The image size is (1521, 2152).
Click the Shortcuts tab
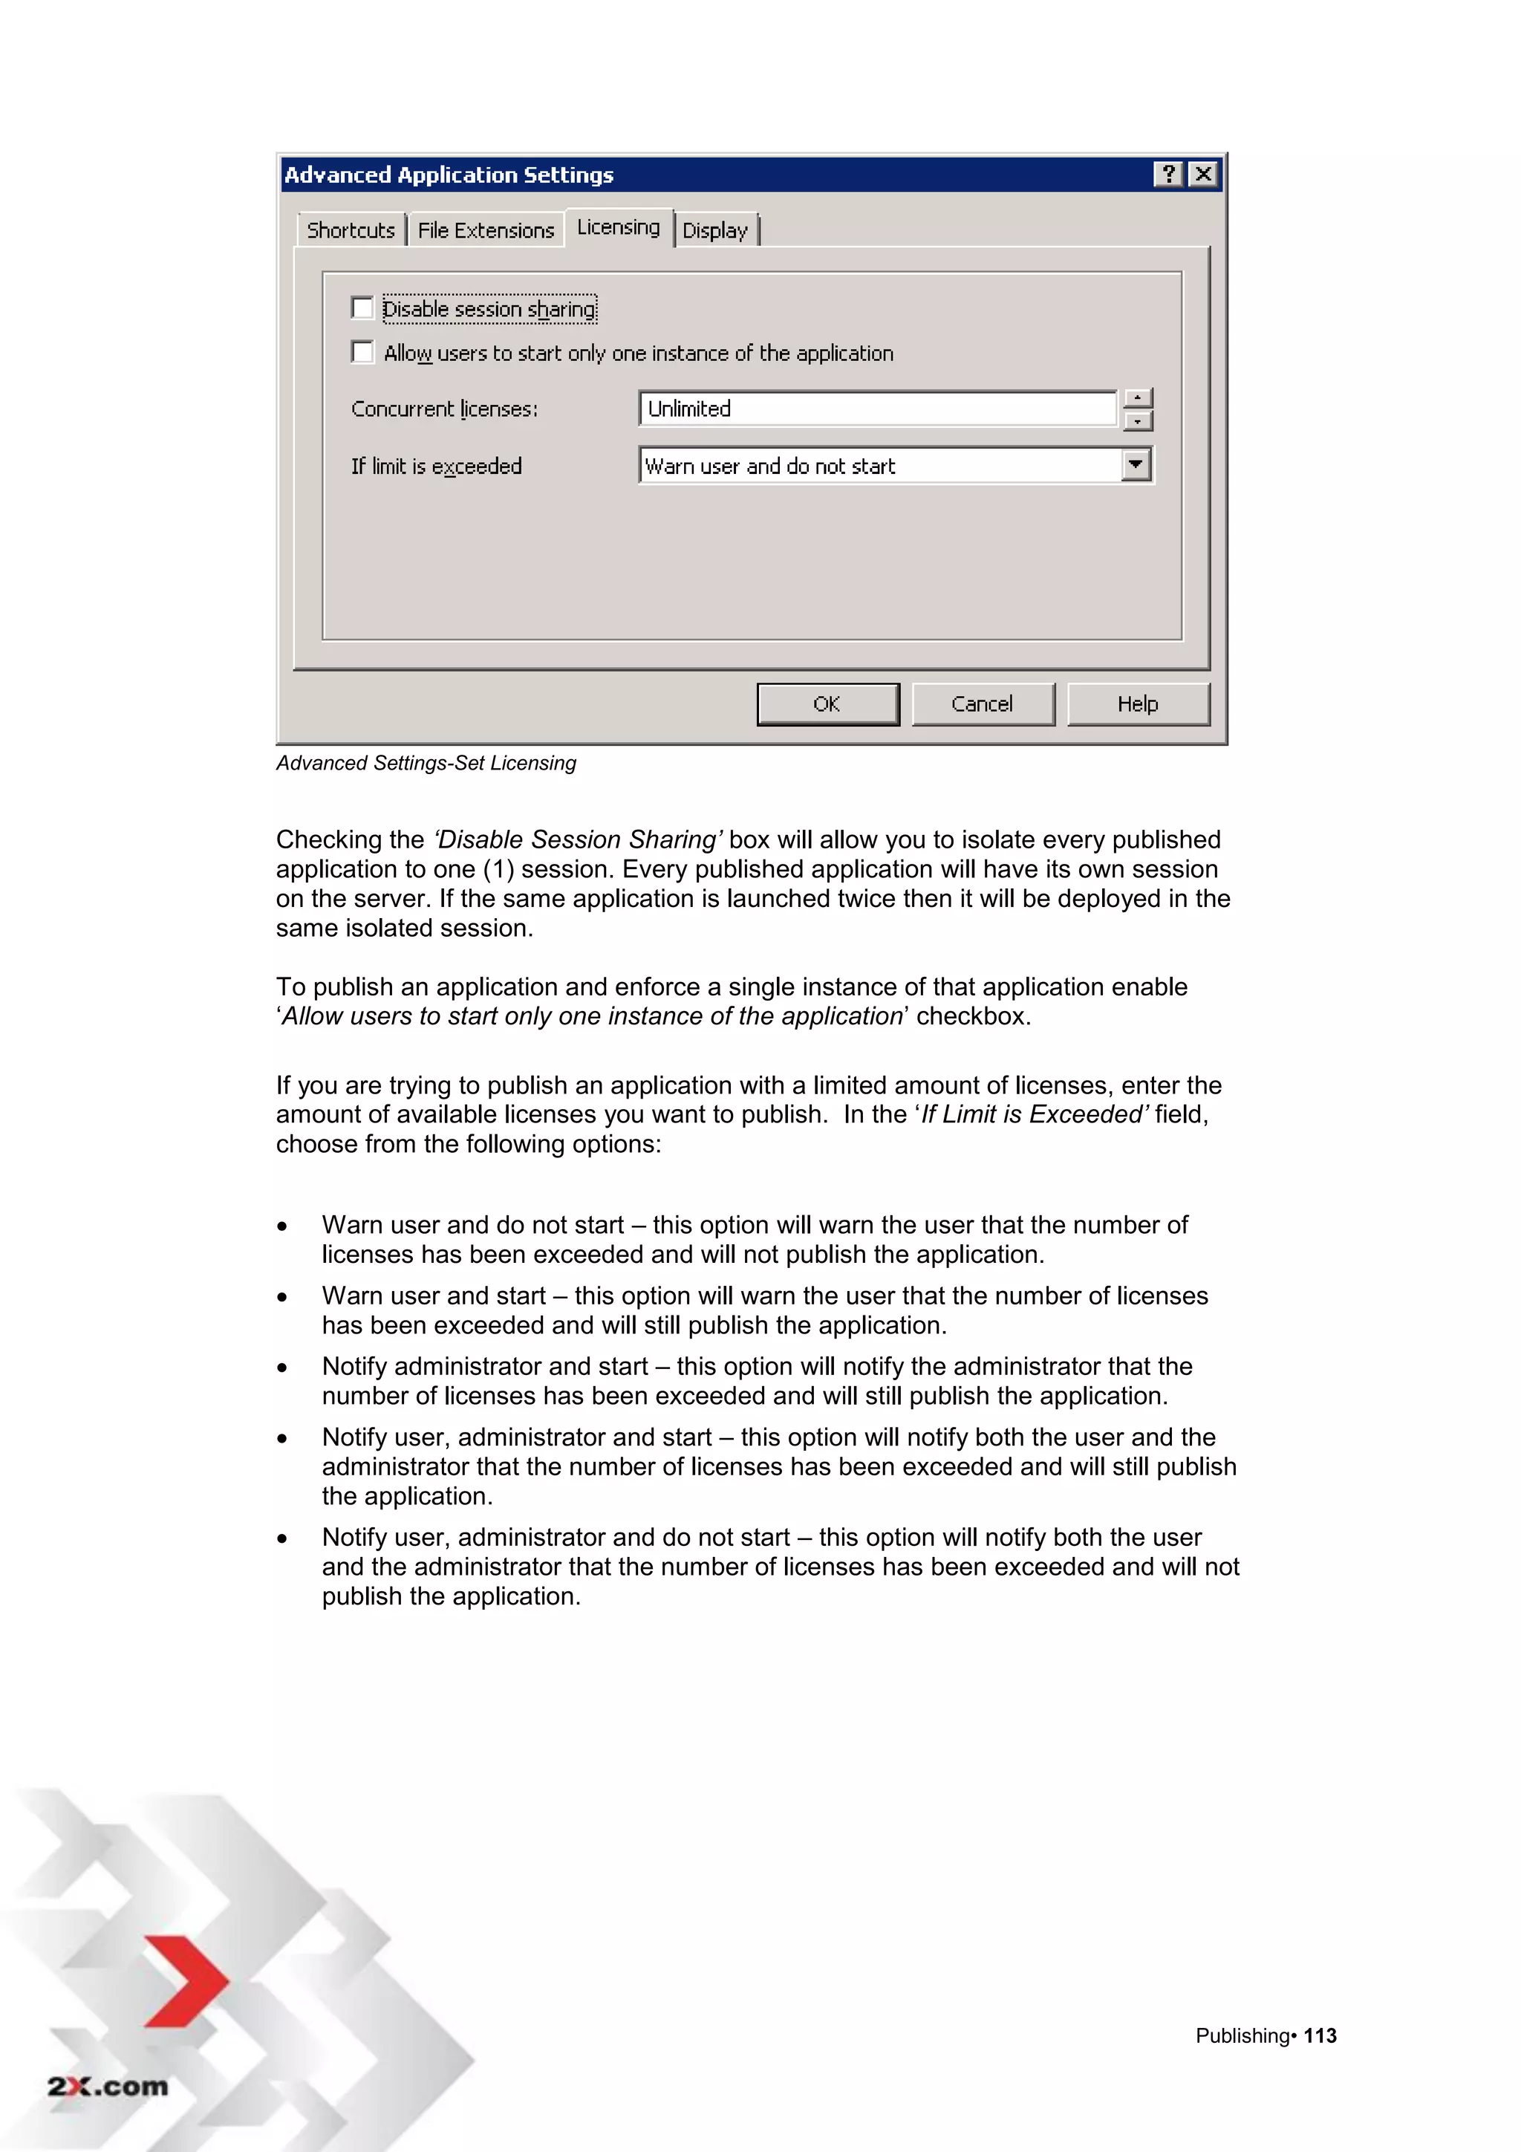[351, 230]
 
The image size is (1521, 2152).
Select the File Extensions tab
[486, 230]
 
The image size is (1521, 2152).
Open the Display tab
[715, 230]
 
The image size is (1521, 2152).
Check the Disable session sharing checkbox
[362, 308]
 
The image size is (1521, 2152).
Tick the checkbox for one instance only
[362, 351]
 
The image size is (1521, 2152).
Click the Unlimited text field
[876, 409]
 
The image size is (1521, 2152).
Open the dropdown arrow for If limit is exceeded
[1136, 465]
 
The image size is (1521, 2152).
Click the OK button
[827, 704]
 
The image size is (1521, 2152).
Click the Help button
[1138, 704]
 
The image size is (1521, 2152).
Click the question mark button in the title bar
[1167, 175]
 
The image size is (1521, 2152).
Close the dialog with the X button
[1203, 175]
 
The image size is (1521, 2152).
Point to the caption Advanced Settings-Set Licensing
[426, 763]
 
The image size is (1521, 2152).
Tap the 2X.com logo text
[108, 2087]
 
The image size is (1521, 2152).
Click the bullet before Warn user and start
[282, 1297]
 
